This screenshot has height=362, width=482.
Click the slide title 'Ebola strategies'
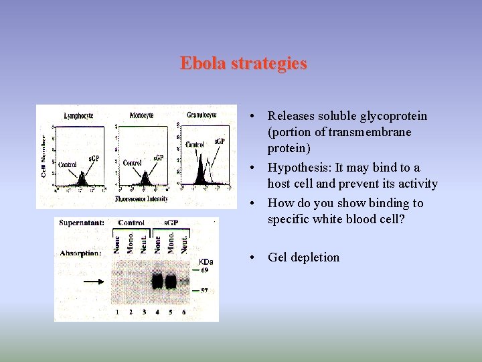pos(243,64)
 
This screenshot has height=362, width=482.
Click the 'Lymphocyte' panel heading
pos(78,115)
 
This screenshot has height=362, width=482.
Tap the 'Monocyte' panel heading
pos(141,115)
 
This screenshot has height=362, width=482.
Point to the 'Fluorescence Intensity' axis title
pos(141,199)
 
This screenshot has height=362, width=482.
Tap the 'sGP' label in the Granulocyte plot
pos(220,142)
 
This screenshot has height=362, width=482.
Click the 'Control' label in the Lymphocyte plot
pos(67,164)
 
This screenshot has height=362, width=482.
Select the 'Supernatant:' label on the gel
pos(81,223)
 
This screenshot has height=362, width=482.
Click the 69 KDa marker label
pos(206,269)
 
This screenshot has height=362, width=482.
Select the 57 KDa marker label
pos(206,292)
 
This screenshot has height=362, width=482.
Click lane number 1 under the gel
pos(117,312)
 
